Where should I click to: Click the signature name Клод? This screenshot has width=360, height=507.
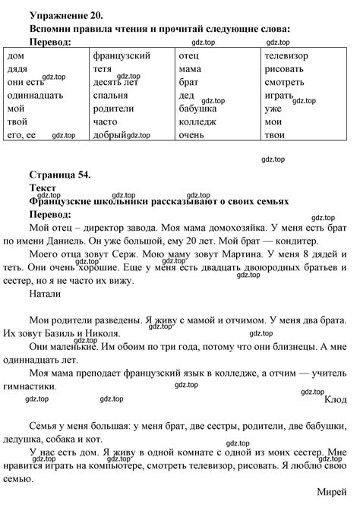pyautogui.click(x=335, y=399)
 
